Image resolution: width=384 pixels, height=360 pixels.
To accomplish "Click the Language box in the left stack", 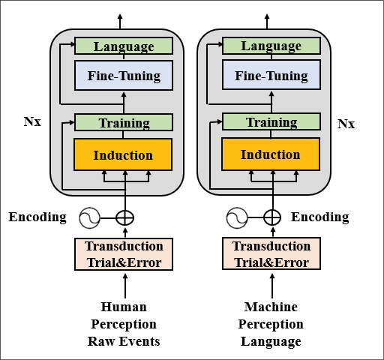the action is (124, 46).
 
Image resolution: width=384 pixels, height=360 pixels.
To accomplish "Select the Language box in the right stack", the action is (271, 46).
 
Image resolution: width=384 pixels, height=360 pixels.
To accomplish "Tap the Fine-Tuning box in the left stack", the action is (124, 75).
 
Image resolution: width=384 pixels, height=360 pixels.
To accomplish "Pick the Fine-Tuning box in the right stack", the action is (271, 75).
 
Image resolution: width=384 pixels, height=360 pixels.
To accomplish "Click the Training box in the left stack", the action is (124, 122).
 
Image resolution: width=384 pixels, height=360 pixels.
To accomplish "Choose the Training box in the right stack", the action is (271, 121).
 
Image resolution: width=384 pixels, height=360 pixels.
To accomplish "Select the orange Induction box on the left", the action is (123, 154).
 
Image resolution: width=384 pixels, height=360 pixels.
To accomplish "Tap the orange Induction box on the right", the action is (271, 154).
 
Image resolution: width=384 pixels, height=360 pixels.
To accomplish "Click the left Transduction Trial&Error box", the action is (124, 254).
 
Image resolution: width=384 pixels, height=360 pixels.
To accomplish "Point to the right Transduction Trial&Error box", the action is (271, 253).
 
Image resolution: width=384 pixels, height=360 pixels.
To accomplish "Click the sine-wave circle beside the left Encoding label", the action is (89, 218).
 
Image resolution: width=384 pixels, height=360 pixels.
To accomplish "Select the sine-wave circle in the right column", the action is (237, 217).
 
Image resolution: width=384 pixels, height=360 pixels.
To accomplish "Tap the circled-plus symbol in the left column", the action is (125, 218).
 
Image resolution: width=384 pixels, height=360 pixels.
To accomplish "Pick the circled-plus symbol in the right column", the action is (272, 217).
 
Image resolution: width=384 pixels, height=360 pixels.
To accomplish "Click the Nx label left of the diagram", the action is (32, 121).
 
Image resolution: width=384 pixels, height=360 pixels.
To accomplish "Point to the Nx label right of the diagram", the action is (346, 124).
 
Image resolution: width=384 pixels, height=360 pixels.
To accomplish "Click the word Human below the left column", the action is (124, 307).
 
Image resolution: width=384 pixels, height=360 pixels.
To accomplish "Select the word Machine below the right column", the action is (271, 307).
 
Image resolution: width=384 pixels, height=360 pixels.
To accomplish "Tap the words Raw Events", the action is (124, 341).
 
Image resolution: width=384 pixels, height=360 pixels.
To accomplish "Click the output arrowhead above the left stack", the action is (120, 17).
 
